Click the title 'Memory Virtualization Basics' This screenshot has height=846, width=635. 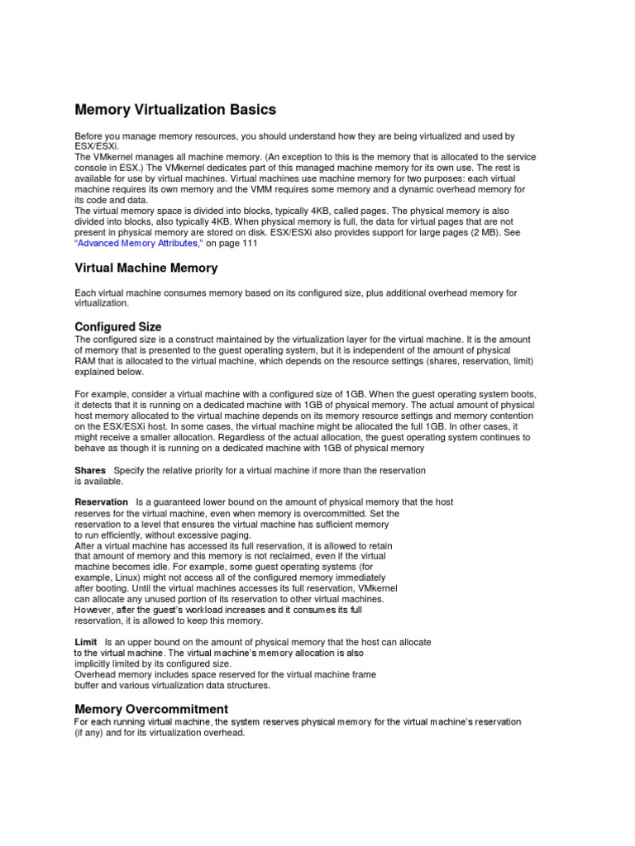tap(175, 110)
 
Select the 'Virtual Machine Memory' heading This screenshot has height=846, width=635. tap(146, 268)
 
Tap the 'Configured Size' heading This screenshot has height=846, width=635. tap(118, 327)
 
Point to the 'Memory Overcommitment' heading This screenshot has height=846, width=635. tap(151, 709)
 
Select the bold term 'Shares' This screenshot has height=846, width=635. tap(90, 470)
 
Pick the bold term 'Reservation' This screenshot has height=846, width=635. tap(101, 501)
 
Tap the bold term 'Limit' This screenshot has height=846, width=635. tap(86, 642)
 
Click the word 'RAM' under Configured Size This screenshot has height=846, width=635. tap(86, 361)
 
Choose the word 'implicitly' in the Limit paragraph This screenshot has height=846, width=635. tap(93, 663)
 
